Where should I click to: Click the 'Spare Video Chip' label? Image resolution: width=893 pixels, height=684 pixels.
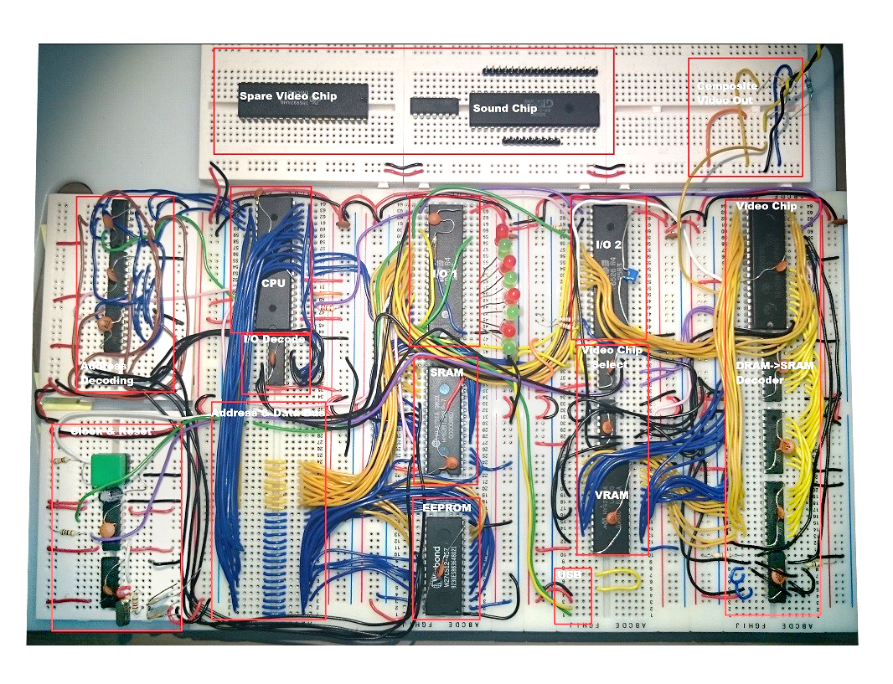click(288, 96)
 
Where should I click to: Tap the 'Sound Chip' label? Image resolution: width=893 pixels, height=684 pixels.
click(504, 109)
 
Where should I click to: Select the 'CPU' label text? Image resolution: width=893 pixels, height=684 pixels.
click(273, 284)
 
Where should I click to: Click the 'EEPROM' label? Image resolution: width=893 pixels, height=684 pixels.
click(446, 507)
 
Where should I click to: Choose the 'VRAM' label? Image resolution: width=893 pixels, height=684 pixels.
click(612, 495)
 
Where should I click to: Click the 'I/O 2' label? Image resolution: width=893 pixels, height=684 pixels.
click(607, 244)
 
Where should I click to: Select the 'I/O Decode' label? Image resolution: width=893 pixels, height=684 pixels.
click(274, 339)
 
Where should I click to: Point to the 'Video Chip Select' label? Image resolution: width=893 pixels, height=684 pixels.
click(612, 357)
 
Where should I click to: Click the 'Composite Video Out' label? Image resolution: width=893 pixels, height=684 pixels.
click(726, 93)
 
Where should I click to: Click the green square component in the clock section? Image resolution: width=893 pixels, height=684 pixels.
click(106, 470)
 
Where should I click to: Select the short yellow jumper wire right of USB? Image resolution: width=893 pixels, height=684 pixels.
click(620, 576)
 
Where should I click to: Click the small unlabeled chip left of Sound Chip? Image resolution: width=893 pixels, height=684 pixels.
click(434, 106)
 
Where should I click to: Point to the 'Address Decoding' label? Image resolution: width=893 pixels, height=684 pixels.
click(106, 373)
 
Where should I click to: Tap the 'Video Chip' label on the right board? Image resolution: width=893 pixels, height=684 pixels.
click(766, 206)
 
